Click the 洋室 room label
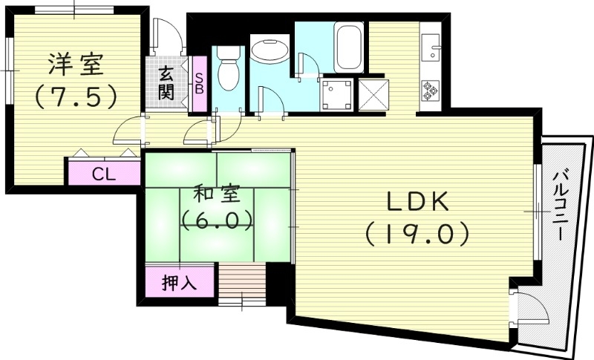[72, 65]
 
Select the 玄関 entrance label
[166, 83]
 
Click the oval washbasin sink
[270, 50]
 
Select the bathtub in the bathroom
[348, 46]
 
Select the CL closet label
[103, 174]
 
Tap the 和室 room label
[216, 196]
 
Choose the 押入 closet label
[181, 284]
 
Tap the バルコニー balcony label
[564, 204]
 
